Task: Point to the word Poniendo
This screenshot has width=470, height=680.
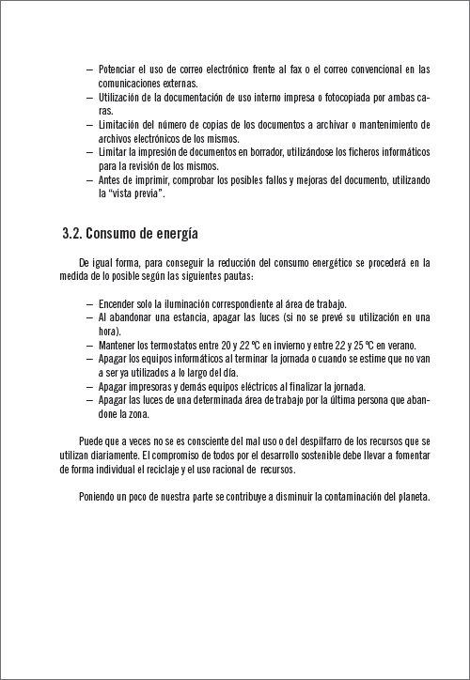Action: pyautogui.click(x=100, y=496)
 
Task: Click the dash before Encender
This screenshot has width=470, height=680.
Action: pyautogui.click(x=88, y=303)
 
